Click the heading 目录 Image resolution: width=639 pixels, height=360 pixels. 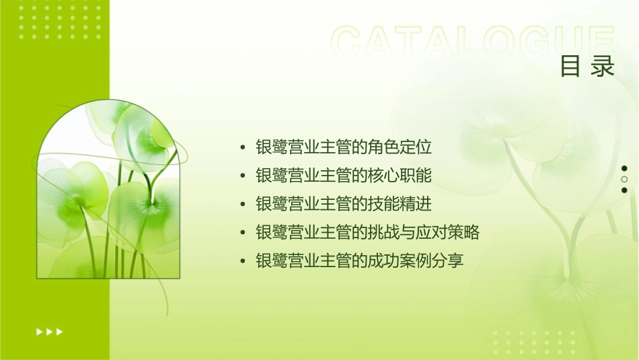tap(587, 67)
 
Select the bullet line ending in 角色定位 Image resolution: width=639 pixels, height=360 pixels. tap(344, 146)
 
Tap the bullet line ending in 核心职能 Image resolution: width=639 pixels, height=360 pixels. tap(344, 175)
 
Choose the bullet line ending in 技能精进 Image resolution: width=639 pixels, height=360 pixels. tap(344, 204)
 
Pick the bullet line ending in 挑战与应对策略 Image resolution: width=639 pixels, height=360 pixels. tap(367, 232)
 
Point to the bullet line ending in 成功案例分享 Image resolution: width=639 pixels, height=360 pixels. tap(360, 260)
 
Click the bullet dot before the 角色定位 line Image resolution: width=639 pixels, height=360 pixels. tap(243, 147)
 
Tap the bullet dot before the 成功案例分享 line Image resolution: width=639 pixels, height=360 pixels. tap(243, 261)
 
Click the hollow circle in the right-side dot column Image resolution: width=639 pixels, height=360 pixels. tap(624, 179)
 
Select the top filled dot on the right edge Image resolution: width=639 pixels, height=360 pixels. tap(624, 168)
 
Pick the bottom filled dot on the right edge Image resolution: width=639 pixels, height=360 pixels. tap(624, 190)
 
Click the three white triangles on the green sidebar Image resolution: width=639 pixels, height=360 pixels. tap(49, 331)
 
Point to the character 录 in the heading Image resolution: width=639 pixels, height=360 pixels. tap(603, 67)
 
